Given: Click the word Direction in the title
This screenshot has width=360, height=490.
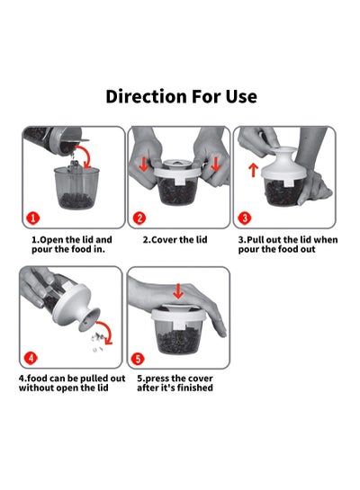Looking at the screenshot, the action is [x=146, y=96].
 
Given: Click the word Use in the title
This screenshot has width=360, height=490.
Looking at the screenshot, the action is [x=241, y=96].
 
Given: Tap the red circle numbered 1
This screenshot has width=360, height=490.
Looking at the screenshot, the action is [x=33, y=218].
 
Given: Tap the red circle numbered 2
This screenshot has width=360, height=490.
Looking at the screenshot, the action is [x=139, y=218].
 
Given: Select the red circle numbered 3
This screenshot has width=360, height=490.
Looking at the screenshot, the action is [x=245, y=218].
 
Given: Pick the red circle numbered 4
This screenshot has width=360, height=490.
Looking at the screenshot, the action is [x=31, y=358].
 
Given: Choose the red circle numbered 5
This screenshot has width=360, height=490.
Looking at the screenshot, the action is [x=138, y=359].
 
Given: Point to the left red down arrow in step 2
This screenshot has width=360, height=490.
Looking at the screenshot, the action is [x=144, y=165].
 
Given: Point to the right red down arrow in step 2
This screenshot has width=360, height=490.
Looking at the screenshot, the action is [x=215, y=165].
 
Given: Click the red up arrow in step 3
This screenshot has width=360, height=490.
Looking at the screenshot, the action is [x=253, y=170].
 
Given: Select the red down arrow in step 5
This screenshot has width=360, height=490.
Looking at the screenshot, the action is [x=178, y=291].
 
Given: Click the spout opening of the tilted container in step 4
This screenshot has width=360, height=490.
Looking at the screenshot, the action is [x=89, y=320].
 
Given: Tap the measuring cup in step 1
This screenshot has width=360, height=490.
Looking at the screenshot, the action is [x=76, y=188].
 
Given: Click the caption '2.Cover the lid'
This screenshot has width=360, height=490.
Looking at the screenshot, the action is [x=175, y=240].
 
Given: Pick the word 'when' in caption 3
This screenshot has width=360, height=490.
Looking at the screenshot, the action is [x=325, y=240].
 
